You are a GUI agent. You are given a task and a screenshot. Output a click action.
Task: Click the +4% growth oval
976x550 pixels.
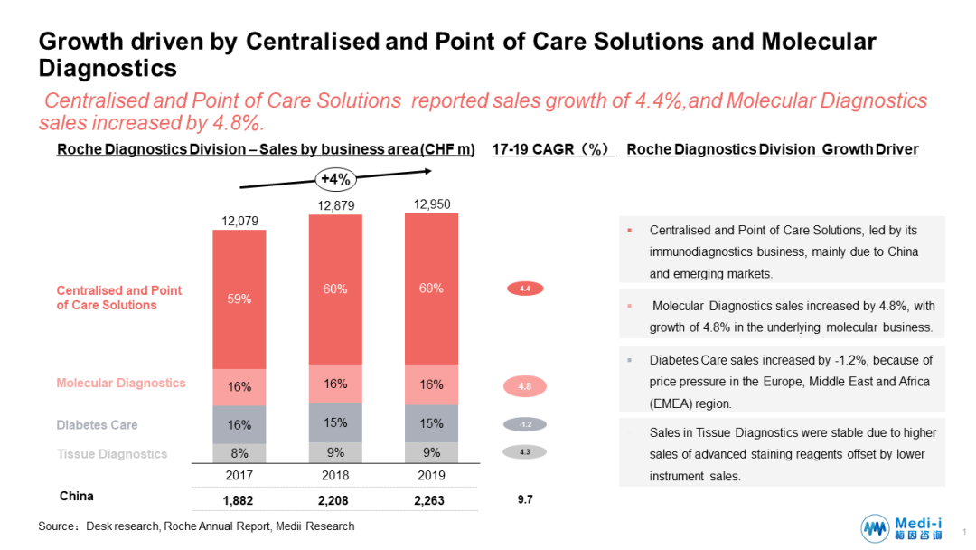click(335, 179)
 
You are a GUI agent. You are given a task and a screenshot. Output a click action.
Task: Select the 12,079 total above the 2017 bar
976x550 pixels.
click(239, 220)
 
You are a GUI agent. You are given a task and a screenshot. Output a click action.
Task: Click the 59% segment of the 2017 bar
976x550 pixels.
click(239, 299)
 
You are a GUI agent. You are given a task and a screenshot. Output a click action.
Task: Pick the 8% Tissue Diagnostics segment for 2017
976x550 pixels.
click(239, 453)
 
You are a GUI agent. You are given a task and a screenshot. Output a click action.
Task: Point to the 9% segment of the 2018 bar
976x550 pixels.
click(335, 452)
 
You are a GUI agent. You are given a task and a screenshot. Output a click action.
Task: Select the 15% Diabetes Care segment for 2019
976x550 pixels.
click(432, 423)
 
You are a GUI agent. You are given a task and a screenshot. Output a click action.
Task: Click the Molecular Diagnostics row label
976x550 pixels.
click(121, 383)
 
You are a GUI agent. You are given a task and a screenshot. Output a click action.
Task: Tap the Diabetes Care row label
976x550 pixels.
click(97, 424)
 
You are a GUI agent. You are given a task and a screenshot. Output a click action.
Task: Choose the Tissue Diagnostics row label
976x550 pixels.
click(111, 454)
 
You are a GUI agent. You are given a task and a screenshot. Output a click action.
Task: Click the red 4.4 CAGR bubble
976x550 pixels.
click(524, 289)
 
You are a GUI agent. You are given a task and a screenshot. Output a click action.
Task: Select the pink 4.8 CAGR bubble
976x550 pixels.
click(524, 386)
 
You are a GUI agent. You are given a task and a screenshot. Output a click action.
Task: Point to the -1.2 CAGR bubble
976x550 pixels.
click(524, 424)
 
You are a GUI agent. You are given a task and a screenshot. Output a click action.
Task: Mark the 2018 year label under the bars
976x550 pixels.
click(335, 474)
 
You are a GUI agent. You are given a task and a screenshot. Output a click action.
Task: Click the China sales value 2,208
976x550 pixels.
click(335, 500)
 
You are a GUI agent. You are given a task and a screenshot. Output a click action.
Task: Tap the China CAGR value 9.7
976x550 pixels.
click(524, 499)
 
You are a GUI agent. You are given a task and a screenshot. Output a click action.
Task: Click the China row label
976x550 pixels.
click(76, 497)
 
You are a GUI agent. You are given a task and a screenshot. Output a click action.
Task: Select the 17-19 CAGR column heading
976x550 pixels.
click(552, 149)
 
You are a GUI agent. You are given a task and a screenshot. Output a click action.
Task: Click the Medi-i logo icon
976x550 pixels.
click(875, 528)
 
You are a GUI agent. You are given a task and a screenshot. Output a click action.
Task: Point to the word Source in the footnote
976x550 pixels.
click(55, 526)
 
